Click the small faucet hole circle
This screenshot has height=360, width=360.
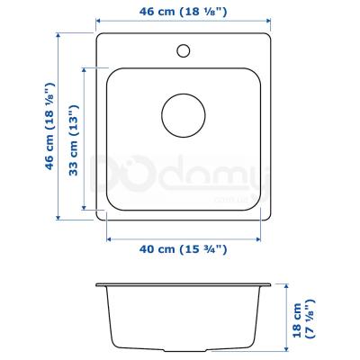coord(184,49)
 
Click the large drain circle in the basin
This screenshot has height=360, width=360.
coord(184,116)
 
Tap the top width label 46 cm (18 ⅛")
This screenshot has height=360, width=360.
coord(184,13)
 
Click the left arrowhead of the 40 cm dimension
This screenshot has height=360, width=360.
coord(110,238)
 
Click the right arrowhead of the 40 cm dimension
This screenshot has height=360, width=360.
coord(259,238)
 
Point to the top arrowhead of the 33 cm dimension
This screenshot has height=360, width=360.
coord(86,67)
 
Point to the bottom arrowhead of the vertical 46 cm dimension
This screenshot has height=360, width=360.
coord(60,218)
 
